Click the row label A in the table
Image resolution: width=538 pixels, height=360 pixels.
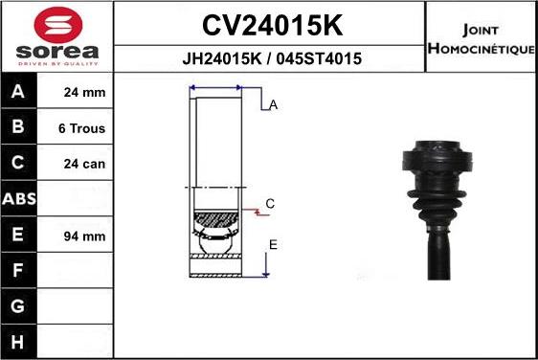[x=18, y=93]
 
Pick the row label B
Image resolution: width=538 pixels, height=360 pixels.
[x=18, y=128]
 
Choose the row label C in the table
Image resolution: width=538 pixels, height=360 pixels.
[x=18, y=164]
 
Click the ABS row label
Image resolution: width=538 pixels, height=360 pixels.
[x=18, y=199]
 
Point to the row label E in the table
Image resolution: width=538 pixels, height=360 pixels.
[x=18, y=236]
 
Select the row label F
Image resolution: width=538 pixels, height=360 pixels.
[x=18, y=271]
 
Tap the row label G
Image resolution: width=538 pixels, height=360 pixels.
[x=18, y=306]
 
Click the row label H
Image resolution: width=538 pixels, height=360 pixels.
[x=18, y=342]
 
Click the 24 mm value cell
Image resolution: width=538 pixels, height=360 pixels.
[x=83, y=93]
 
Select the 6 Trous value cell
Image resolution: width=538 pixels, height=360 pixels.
[x=83, y=128]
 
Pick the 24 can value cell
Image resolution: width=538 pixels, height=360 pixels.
[x=83, y=164]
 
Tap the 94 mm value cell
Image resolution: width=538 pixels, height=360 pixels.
[x=83, y=236]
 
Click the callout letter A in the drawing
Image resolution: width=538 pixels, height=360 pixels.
[x=273, y=105]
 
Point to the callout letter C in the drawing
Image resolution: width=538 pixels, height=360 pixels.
[x=270, y=204]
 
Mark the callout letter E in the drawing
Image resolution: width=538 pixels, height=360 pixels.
[x=273, y=245]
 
